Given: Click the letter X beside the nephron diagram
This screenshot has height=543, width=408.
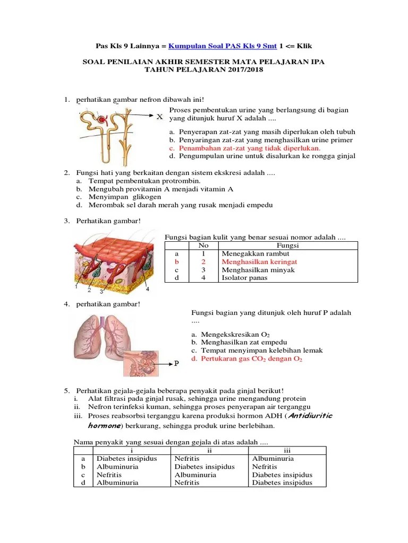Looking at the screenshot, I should tap(159, 116).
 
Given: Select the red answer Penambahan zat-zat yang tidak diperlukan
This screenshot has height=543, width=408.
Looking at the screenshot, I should tap(249, 148).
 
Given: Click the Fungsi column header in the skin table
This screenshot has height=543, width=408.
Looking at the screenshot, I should tap(288, 246).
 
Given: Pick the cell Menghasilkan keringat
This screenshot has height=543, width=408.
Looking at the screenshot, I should tap(259, 262).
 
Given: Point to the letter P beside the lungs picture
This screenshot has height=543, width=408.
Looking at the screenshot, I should tap(176, 364).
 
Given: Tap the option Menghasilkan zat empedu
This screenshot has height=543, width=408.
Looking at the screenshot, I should tap(240, 343).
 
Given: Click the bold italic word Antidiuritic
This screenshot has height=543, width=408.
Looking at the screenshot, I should tap(310, 416).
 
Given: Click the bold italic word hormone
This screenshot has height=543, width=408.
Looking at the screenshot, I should tap(104, 426).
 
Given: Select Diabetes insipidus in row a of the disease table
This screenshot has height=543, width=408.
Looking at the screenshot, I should tap(126, 459).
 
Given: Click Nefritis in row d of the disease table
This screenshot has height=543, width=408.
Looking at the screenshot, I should tap(187, 483).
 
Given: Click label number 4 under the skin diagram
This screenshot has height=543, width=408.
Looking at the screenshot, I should tap(148, 289).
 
